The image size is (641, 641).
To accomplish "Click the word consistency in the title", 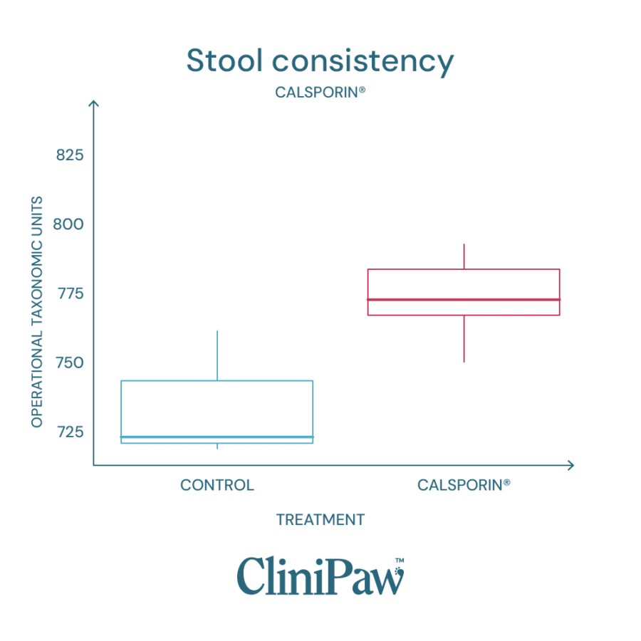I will [363, 63].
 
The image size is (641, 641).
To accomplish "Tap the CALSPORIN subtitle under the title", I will [320, 93].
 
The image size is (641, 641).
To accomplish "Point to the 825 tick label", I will [70, 155].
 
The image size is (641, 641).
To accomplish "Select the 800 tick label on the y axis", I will [70, 224].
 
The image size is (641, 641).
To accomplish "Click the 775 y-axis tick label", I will [70, 293].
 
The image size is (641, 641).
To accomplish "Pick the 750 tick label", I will [70, 363].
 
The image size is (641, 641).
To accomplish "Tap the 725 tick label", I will [70, 432].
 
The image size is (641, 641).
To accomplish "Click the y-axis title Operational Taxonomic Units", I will [37, 312].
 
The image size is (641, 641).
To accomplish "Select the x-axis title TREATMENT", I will [320, 520].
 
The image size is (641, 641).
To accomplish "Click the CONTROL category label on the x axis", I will [217, 486].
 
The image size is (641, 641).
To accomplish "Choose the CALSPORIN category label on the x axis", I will [464, 486].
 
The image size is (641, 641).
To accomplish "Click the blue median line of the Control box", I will [217, 437].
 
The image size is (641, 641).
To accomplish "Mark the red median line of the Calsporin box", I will [464, 299].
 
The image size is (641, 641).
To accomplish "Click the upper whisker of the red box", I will [464, 256].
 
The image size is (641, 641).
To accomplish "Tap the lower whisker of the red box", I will [464, 339].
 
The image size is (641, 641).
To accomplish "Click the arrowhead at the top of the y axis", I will [93, 105].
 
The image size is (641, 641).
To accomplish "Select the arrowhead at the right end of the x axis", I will [569, 465].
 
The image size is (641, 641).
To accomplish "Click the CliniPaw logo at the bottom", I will [320, 575].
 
